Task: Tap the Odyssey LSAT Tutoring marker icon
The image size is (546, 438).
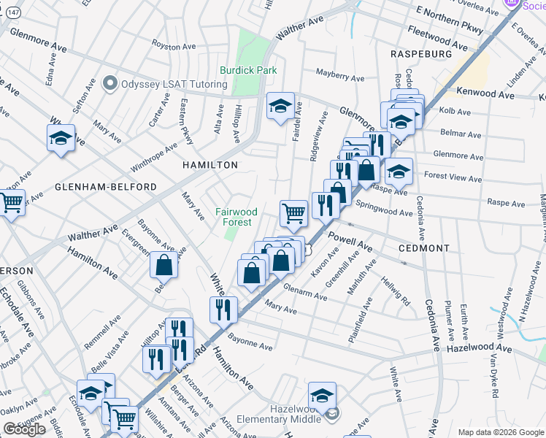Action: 110,82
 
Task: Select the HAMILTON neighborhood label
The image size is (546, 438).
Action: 210,166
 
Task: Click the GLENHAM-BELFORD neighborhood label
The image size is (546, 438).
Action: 105,187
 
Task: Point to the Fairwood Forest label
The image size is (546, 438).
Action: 234,217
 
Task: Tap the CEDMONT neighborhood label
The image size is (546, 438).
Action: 424,248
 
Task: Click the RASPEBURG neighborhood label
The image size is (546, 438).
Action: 418,54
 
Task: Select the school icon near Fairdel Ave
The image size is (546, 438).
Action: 280,107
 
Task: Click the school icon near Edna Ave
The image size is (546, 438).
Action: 61,137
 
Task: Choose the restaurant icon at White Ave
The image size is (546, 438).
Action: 223,309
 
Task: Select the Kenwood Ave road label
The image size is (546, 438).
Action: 485,94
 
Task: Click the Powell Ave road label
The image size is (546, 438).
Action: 350,244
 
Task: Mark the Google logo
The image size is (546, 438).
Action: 24,429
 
